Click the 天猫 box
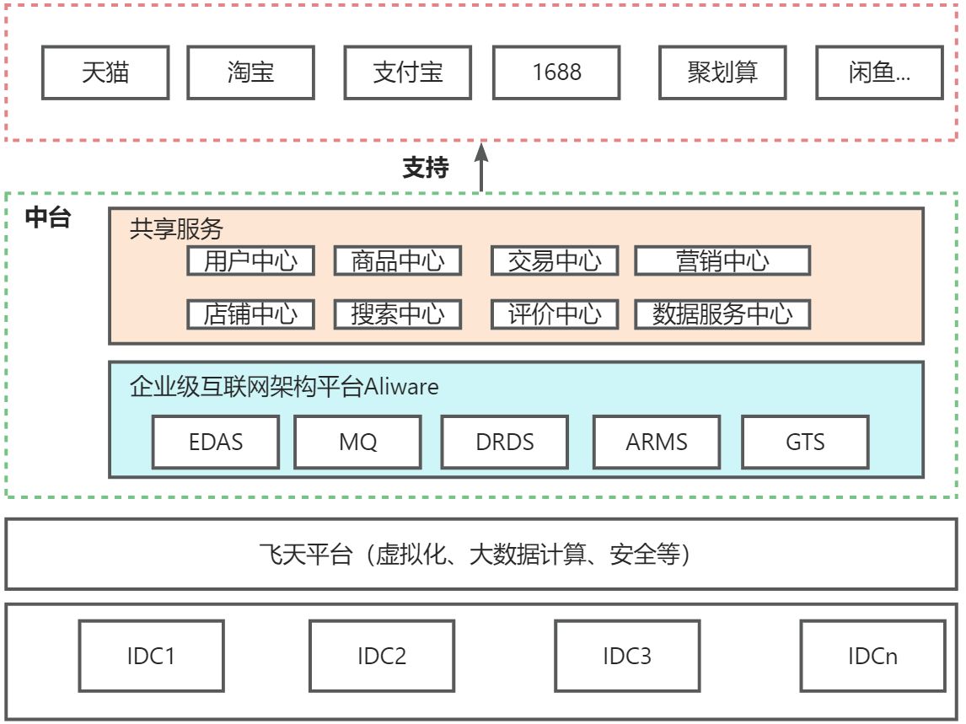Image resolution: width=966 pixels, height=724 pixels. [x=105, y=72]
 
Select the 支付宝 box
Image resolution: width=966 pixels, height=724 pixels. [x=408, y=72]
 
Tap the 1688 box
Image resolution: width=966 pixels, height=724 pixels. [x=556, y=72]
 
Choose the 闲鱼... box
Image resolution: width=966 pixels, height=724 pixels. [x=879, y=72]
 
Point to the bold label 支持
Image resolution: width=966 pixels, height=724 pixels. [x=426, y=169]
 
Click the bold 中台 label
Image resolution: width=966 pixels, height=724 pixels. [x=47, y=219]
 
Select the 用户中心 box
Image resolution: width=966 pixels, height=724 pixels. [x=250, y=261]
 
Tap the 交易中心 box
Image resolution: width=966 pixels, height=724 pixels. [x=555, y=261]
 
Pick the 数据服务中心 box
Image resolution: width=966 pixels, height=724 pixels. [x=722, y=314]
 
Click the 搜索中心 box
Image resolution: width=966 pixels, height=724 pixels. [x=398, y=314]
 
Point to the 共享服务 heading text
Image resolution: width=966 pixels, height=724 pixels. [x=176, y=228]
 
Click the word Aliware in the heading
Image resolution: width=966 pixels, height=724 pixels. [x=400, y=387]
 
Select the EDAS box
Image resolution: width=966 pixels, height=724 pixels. [x=216, y=442]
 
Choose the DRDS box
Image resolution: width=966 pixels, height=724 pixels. [x=504, y=442]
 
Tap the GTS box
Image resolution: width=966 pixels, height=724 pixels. [x=804, y=442]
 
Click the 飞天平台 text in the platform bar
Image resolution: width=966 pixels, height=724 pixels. [x=304, y=555]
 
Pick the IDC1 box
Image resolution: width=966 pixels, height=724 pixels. [x=152, y=656]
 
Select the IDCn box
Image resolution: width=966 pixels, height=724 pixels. [x=872, y=656]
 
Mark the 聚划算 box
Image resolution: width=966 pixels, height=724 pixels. [x=722, y=72]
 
